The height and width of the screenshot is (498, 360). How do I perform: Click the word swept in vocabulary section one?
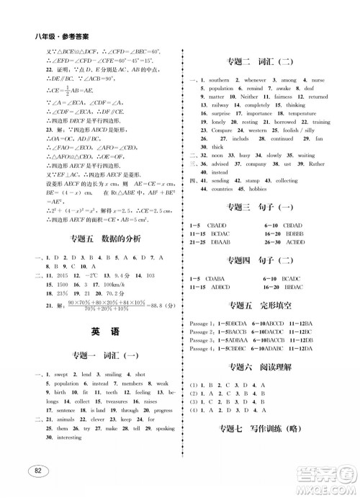(x=60, y=375)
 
